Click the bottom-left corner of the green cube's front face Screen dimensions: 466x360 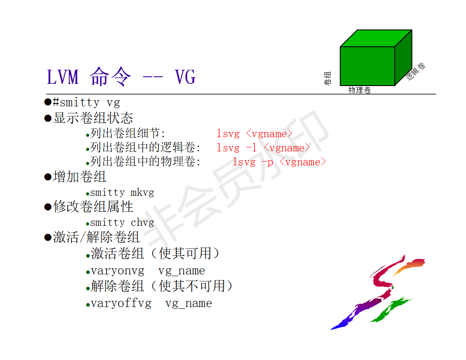(340, 86)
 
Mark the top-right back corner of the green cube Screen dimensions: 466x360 (412, 30)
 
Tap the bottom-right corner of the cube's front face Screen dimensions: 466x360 (395, 86)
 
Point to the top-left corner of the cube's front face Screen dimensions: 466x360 (340, 47)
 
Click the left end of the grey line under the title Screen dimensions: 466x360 (46, 94)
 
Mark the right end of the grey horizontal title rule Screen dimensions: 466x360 (436, 94)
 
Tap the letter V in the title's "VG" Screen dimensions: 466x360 (180, 77)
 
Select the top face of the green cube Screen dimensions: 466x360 (376, 38)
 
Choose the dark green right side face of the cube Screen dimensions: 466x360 (403, 58)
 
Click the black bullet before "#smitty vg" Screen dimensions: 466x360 (48, 102)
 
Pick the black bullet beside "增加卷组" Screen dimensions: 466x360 (48, 177)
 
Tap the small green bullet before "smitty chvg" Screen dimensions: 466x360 (87, 224)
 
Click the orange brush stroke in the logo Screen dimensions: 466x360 (409, 266)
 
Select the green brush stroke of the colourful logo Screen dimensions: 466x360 (391, 310)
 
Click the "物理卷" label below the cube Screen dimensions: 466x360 (360, 90)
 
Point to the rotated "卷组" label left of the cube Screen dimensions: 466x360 (327, 78)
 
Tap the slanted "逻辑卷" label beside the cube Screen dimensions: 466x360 (416, 71)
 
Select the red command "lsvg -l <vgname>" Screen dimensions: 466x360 (263, 148)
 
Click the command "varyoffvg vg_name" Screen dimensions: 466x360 (151, 304)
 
